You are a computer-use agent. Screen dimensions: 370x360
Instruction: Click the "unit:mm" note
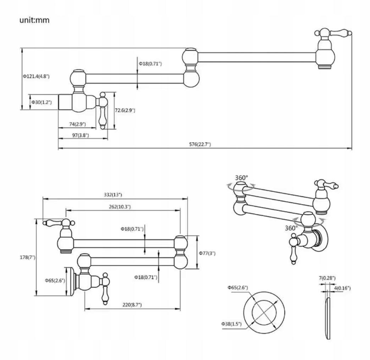coord(34,20)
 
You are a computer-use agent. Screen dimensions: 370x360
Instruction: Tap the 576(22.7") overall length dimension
coord(200,144)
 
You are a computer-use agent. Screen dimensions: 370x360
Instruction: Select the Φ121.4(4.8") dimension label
coord(36,77)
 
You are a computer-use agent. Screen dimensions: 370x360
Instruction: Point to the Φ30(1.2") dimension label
coord(42,102)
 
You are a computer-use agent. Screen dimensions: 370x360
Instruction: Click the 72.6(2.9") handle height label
coord(125,110)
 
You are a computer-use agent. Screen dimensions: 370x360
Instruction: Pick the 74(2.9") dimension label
coord(78,124)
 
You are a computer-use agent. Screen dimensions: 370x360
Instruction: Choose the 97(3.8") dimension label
coord(81,135)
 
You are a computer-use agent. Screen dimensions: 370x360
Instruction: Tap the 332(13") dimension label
coord(113,195)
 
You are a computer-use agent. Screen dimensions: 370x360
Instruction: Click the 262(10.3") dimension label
coord(120,207)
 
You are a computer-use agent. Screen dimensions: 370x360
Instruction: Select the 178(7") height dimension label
coord(28,257)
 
